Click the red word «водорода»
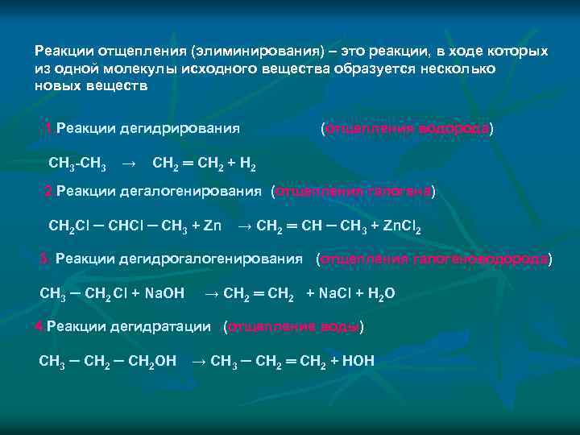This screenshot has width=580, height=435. point(454,128)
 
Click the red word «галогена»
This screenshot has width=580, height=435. point(400,192)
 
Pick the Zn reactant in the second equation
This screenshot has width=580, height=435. point(212,226)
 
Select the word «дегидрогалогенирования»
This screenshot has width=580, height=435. point(225,259)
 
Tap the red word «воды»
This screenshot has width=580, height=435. point(343,326)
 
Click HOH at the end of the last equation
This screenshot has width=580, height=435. point(358,361)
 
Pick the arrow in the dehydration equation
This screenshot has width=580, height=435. point(197,361)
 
